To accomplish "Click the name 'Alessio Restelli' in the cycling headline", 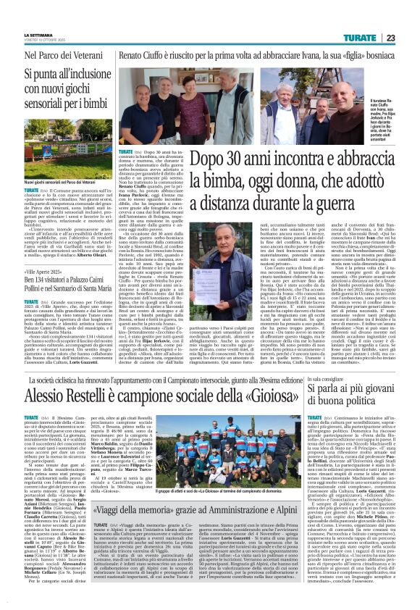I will coord(62,395).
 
